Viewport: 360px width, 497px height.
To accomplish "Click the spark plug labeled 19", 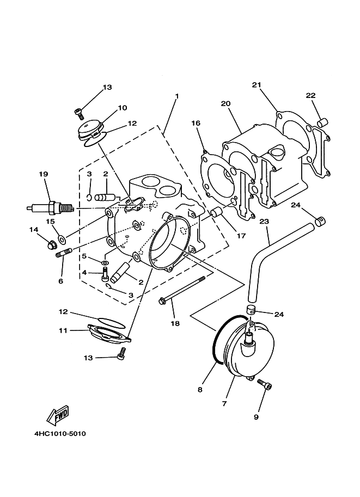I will coord(50,207).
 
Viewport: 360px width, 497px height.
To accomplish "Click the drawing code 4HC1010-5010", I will coord(60,434).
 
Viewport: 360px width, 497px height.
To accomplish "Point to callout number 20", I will coord(225,103).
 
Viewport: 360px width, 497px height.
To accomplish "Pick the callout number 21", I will coord(257,85).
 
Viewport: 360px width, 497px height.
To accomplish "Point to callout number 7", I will coord(224,403).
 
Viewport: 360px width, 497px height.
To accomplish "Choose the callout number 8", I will coord(200,390).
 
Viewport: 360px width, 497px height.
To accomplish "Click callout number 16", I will coord(196,124).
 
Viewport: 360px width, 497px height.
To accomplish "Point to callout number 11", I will coord(63,330).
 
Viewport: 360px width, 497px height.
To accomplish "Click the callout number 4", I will coord(84,272).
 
